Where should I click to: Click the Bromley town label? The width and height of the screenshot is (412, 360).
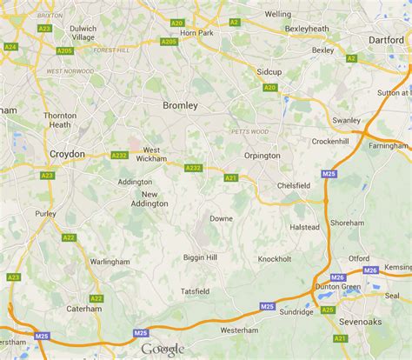pyautogui.click(x=181, y=105)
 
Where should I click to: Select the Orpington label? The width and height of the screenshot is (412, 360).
pyautogui.click(x=261, y=156)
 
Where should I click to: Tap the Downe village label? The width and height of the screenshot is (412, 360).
pyautogui.click(x=221, y=218)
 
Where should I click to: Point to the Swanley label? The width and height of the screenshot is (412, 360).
pyautogui.click(x=345, y=120)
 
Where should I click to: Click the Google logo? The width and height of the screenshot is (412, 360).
pyautogui.click(x=163, y=350)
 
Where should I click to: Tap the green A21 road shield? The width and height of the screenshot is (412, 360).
pyautogui.click(x=229, y=177)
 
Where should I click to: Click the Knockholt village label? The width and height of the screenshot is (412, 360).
pyautogui.click(x=274, y=258)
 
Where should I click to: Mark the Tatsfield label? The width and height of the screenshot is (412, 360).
pyautogui.click(x=196, y=290)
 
